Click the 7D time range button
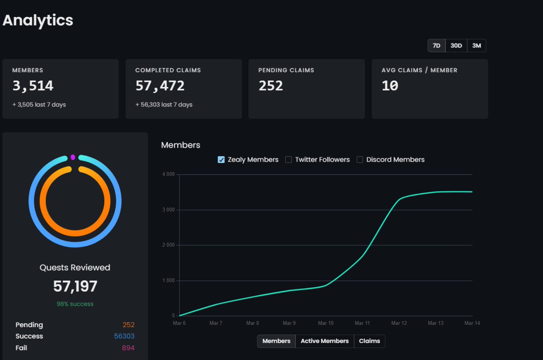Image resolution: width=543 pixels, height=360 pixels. coord(436,46)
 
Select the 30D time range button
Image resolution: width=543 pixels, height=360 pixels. coord(456,46)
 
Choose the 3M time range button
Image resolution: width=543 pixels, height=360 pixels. coord(476,46)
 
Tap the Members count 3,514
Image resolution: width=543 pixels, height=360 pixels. coord(33,86)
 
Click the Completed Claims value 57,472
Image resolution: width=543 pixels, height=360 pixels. coord(160,86)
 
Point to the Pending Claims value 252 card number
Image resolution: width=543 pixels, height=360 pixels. coord(271,86)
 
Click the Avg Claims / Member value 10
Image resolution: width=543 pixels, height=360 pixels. coord(390,86)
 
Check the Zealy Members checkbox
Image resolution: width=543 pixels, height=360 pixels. coord(221,160)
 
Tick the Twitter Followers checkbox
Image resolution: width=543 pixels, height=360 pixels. coord(288,160)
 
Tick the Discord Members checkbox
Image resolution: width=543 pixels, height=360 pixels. coord(360,160)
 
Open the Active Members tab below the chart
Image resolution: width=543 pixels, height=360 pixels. coord(324,341)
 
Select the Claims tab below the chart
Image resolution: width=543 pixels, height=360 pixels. coord(369,341)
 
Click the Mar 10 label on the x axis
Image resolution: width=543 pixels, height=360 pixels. coord(326,323)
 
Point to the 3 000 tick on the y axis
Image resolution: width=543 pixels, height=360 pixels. coord(169,210)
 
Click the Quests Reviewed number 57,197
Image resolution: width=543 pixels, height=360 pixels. coord(75,286)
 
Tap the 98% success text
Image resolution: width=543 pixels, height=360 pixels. coord(75,304)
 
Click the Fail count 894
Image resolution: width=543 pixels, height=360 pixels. coord(128,348)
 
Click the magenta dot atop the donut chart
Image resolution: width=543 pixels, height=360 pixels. coord(73,157)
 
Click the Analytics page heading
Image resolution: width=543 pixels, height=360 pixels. coord(38,20)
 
